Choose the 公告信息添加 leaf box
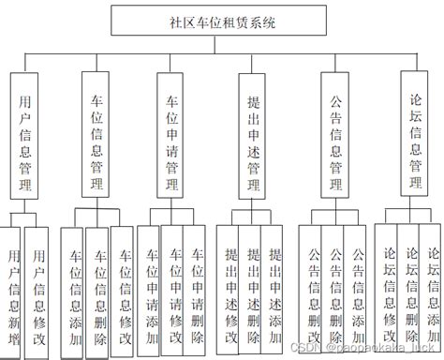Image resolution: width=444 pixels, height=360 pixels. point(356,291)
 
